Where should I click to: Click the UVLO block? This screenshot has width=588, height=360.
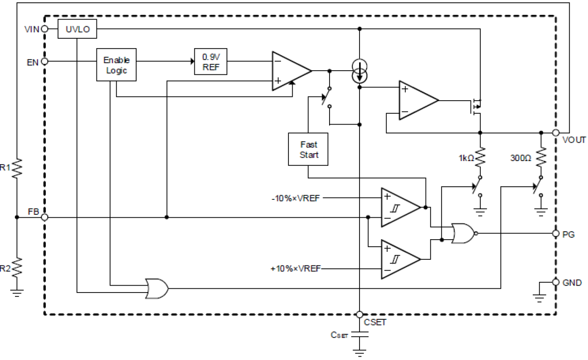coord(77,29)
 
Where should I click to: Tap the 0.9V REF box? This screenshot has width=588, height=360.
coord(211,61)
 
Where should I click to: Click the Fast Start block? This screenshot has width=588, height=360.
coord(308,150)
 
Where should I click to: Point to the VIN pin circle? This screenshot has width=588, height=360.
coord(45,29)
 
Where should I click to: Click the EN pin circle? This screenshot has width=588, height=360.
coord(45,61)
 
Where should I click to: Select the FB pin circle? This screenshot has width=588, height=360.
coord(45,217)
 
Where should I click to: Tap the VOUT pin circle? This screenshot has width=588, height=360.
coord(556,133)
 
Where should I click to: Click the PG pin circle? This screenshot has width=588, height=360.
coord(556,233)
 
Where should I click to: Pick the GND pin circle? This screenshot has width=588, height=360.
coord(556,282)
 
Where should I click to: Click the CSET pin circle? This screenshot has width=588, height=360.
coord(360,315)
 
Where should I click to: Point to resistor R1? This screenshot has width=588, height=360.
coord(17,167)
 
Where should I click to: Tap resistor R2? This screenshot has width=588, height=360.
coord(17,268)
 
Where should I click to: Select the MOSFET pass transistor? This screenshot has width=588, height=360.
coord(476,106)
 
